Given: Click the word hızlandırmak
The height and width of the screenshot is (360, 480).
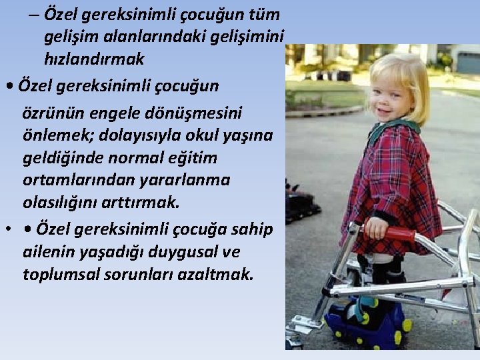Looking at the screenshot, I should tap(94, 59).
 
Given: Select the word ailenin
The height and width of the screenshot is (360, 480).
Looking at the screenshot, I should tap(49, 253).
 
